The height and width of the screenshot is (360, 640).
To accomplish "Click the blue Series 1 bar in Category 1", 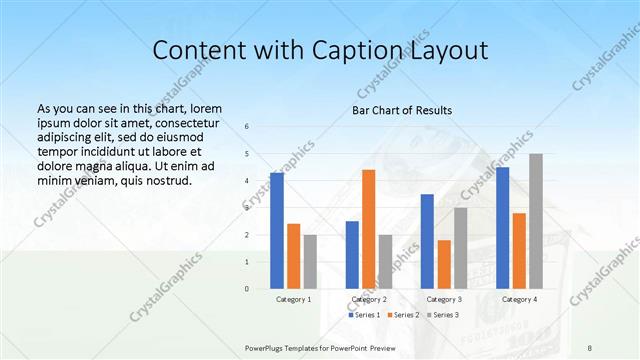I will click(276, 231).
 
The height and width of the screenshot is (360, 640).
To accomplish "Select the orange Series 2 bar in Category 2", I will click(368, 229).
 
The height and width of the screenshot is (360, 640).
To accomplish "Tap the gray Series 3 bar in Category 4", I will click(536, 221).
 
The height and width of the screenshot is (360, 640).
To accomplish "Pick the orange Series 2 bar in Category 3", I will click(443, 264).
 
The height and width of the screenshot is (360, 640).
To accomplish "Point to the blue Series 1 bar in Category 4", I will click(502, 228).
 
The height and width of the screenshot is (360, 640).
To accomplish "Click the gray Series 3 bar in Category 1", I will click(310, 262).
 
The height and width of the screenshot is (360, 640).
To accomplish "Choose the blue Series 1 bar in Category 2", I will click(352, 255).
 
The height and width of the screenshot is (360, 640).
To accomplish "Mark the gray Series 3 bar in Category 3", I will click(460, 248).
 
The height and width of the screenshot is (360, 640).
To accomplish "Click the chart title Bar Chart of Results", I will click(402, 110).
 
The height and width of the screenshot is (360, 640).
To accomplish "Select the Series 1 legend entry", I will click(364, 315).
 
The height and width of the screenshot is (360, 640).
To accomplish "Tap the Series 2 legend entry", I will click(402, 315).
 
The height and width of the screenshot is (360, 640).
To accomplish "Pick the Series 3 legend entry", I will click(441, 315).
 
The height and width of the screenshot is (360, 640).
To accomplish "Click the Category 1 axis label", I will click(293, 299).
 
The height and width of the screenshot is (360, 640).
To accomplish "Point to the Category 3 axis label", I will click(443, 299).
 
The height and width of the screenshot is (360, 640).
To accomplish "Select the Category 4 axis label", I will click(519, 299).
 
